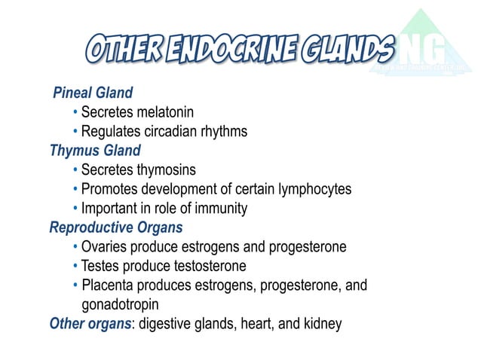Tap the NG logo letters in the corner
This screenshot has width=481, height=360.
(427, 50)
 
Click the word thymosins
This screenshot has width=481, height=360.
(164, 169)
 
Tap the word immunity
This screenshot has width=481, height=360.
(222, 209)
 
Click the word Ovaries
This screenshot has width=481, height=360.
(104, 247)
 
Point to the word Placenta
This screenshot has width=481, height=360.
(107, 286)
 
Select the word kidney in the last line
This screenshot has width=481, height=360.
(323, 325)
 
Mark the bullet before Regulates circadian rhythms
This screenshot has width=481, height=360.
(76, 132)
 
